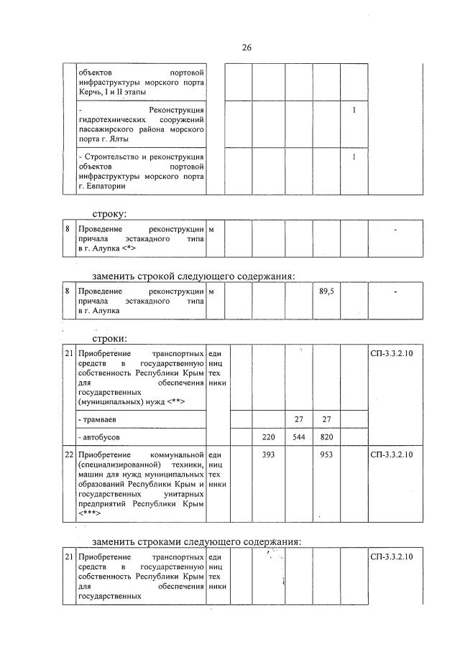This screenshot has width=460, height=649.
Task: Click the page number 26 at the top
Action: click(246, 47)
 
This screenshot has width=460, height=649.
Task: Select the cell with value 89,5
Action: click(326, 292)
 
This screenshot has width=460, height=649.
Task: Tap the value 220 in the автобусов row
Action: click(269, 436)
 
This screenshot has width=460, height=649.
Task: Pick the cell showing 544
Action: click(298, 436)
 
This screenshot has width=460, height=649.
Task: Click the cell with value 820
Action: click(326, 436)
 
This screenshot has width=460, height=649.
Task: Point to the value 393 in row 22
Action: click(269, 454)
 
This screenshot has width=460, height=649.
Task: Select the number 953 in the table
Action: click(326, 454)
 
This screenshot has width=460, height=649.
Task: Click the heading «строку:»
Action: click(109, 213)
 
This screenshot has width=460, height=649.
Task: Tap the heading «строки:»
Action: click(109, 338)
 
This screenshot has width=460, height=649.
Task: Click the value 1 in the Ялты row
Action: click(354, 110)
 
